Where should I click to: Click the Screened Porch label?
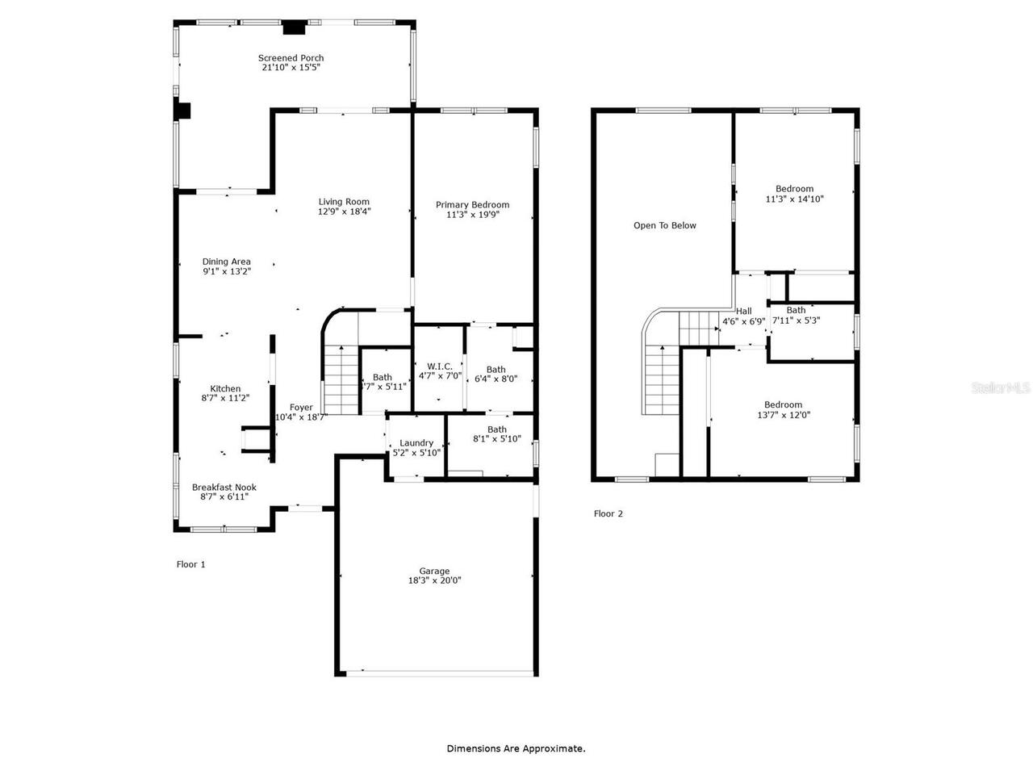291,58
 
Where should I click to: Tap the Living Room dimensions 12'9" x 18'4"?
344,212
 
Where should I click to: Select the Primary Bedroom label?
472,205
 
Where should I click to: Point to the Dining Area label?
226,262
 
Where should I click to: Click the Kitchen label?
225,388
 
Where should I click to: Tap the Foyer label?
301,408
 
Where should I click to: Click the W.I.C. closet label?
440,367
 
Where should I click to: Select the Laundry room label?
416,442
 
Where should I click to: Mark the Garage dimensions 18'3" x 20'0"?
434,580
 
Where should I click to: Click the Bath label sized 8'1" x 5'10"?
497,429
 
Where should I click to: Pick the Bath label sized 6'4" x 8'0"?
496,370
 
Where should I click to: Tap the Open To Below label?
664,226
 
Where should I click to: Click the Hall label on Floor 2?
743,311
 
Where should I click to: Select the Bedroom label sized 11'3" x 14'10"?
794,189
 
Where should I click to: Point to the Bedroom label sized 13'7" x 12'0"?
783,405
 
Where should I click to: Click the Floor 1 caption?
190,565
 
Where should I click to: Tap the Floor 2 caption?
608,514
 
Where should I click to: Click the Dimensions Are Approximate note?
516,749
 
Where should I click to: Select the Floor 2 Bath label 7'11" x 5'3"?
796,310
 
